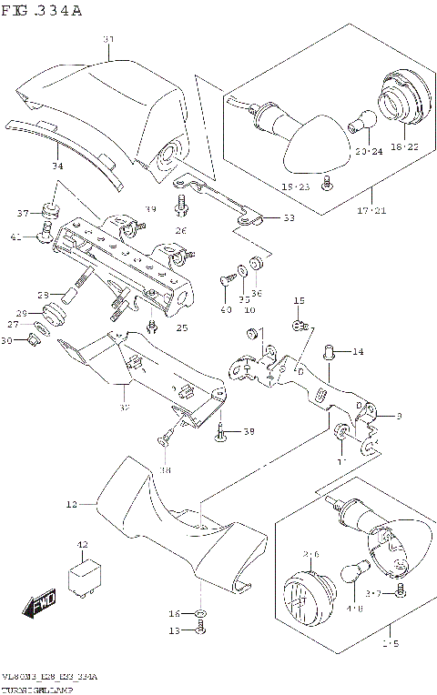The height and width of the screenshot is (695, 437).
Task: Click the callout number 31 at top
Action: pos(108,39)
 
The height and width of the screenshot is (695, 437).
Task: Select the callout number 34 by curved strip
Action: pos(57,166)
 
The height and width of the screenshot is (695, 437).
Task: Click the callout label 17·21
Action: pos(372,211)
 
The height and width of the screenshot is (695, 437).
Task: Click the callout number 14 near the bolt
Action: pos(357,351)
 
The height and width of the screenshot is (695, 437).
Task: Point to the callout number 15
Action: pos(298,301)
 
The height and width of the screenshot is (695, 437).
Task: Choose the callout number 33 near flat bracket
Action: pos(288,218)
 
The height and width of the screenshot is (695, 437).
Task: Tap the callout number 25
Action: pos(181,327)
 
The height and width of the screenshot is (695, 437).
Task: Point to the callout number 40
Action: pos(225,310)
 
